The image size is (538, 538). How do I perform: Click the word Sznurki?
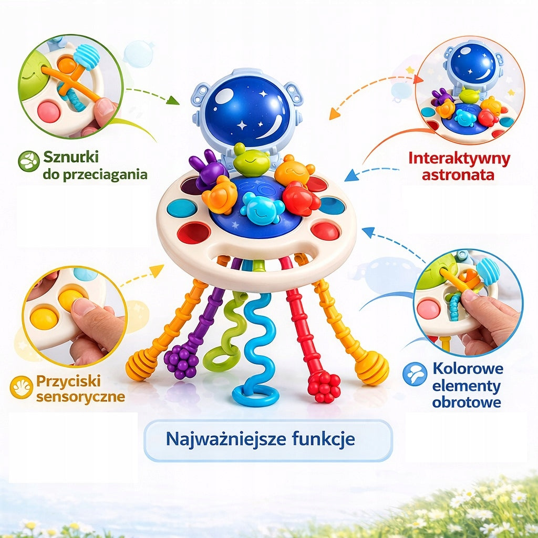(x=71, y=157)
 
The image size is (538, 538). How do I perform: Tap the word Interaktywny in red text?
(x=459, y=159)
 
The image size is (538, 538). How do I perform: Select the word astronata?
(x=458, y=174)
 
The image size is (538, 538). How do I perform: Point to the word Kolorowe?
(x=468, y=368)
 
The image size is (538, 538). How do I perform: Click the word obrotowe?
(x=467, y=402)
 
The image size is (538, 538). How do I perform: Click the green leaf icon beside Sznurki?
(x=28, y=161)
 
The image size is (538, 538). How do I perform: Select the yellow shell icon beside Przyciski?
(x=21, y=387)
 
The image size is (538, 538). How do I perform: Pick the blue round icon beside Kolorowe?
(x=415, y=374)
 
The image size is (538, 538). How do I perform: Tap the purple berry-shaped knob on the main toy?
(x=181, y=361)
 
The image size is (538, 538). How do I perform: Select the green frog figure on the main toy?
(x=251, y=159)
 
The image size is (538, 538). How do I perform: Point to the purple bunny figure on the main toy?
(x=207, y=168)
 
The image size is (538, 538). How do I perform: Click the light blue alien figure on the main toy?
(x=262, y=208)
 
